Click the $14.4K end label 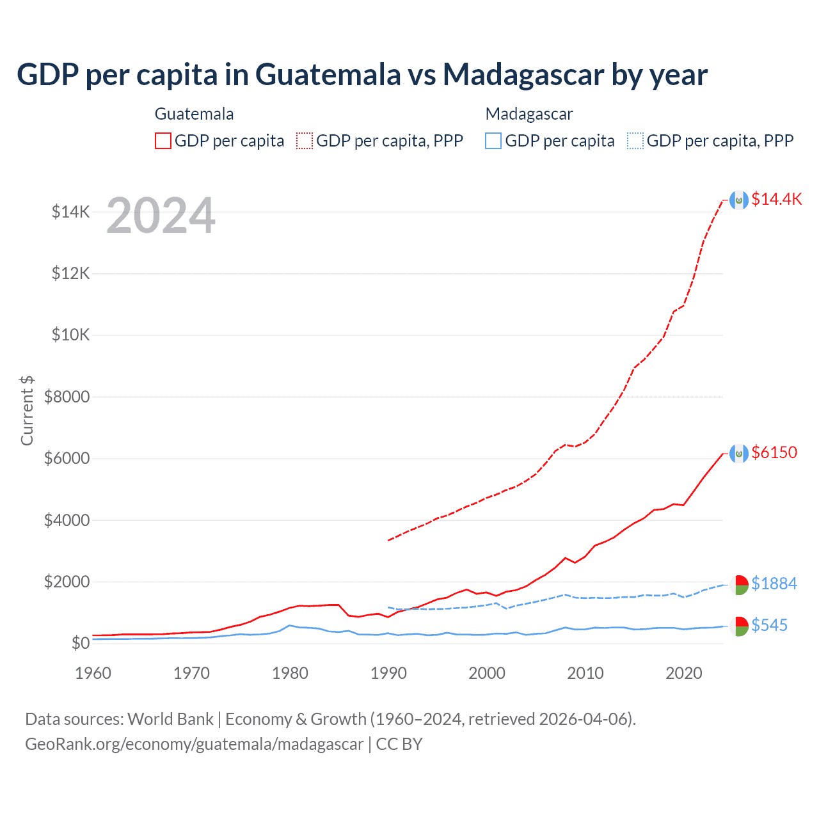click(776, 199)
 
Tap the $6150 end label click(774, 452)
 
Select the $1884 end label click(774, 584)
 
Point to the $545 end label click(769, 625)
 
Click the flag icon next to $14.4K click(739, 200)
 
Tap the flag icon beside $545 click(739, 626)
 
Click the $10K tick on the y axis click(70, 335)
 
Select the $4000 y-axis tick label click(67, 520)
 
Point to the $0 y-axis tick click(80, 643)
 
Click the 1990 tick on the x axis click(388, 673)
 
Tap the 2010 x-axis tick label click(585, 673)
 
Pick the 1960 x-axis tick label click(93, 673)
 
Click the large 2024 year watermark click(161, 216)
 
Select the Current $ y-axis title click(27, 411)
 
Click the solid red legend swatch click(163, 141)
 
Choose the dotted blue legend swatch click(635, 141)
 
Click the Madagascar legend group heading click(529, 114)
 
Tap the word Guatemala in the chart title click(328, 74)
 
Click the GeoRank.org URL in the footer click(194, 744)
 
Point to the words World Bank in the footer click(170, 719)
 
